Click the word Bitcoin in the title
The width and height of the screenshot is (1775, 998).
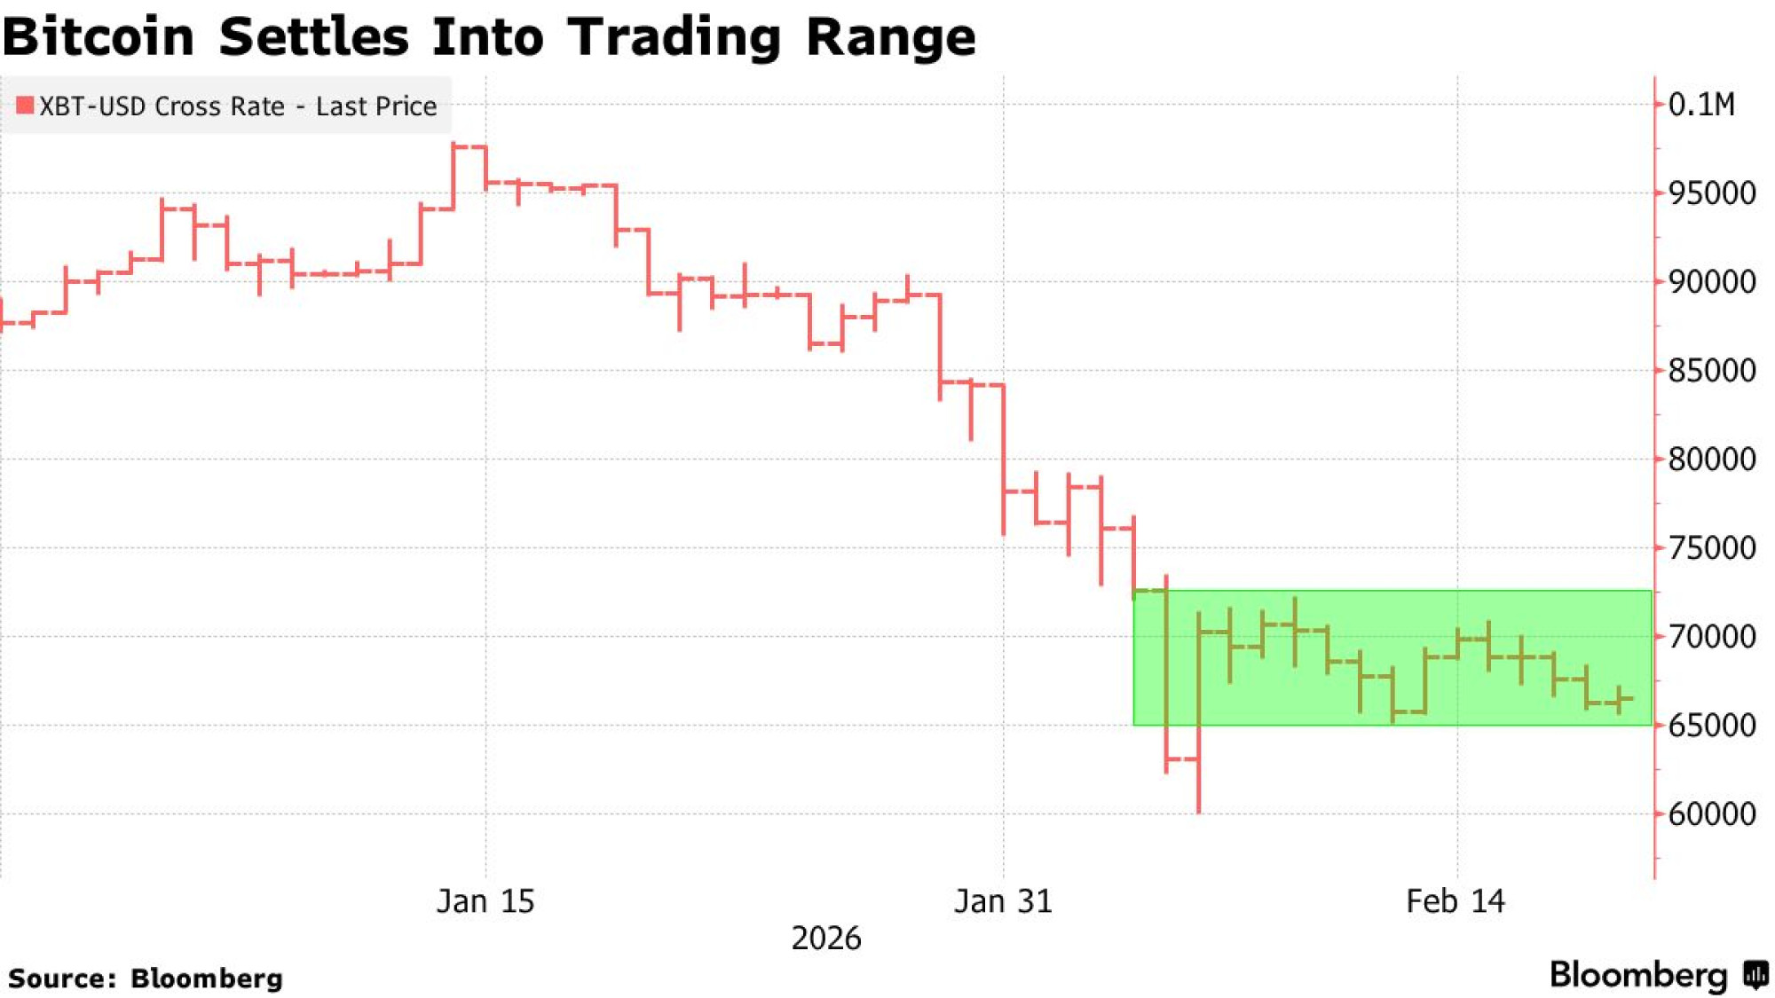click(99, 37)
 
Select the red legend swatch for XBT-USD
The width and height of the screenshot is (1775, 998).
click(25, 106)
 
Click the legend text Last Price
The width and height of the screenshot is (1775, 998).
click(376, 106)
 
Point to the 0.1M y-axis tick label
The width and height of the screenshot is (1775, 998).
click(1700, 105)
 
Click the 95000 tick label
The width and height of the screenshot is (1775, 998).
click(1711, 193)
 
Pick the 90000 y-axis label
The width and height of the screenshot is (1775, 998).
click(1711, 282)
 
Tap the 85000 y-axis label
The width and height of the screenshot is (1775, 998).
click(1711, 371)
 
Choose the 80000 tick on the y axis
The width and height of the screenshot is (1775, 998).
click(1711, 460)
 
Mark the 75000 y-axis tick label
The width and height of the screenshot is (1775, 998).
click(1711, 548)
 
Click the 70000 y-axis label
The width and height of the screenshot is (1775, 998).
click(1711, 637)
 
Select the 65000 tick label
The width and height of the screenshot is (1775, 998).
click(1711, 726)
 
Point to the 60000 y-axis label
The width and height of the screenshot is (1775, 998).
click(1711, 814)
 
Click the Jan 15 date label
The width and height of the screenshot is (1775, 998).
click(485, 901)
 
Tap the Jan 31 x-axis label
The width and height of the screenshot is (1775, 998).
click(1003, 901)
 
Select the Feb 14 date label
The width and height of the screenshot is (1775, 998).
click(1455, 901)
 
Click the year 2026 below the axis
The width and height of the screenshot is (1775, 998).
click(825, 939)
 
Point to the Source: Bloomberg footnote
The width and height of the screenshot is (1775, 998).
click(145, 978)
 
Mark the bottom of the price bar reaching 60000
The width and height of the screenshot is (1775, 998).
click(1199, 811)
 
